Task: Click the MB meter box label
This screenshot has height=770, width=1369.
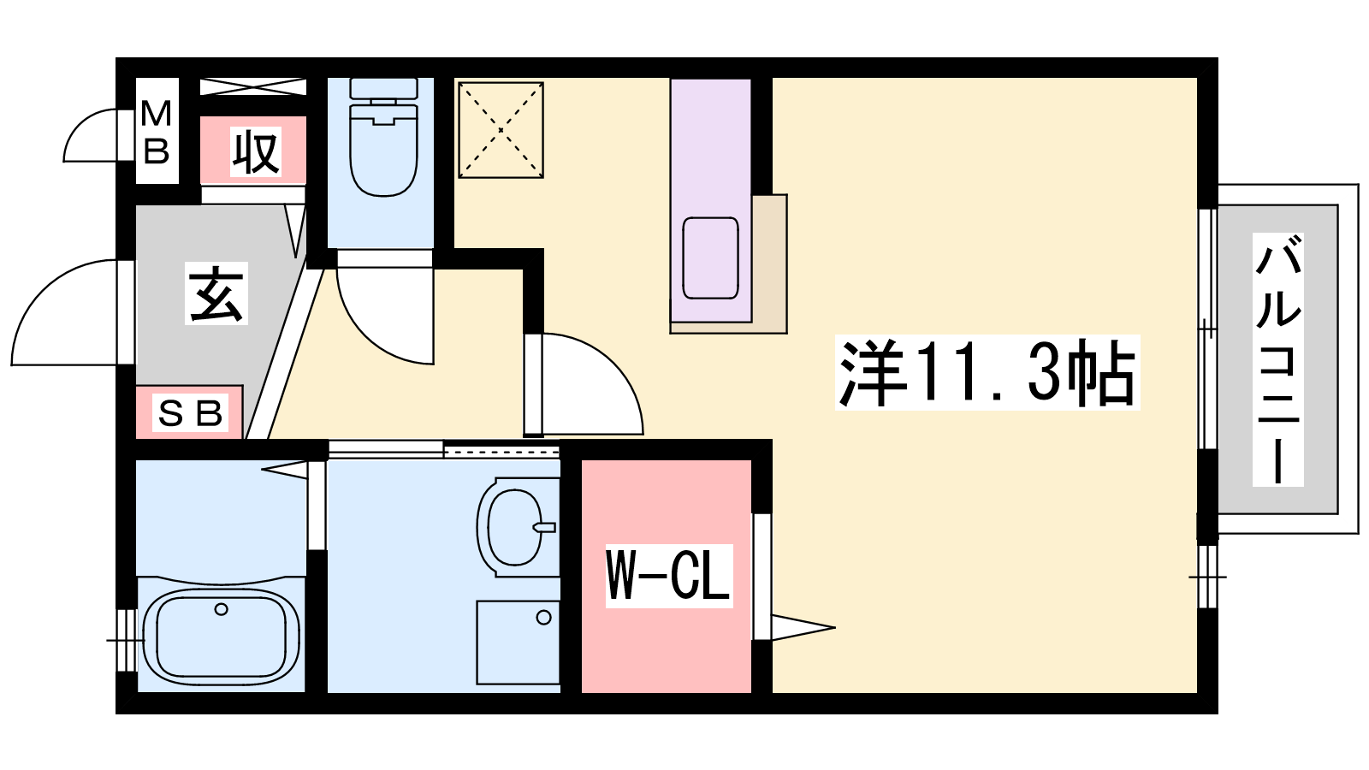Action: point(157,133)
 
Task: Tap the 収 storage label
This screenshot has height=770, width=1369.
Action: point(256,151)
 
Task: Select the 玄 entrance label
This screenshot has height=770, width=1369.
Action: point(216,294)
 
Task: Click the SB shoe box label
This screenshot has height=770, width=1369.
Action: point(190,413)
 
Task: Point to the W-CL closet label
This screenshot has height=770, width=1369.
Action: point(668,576)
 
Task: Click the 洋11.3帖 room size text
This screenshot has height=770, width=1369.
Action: point(987,372)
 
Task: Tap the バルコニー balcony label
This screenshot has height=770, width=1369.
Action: point(1277,360)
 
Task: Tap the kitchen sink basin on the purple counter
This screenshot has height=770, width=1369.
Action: point(710,258)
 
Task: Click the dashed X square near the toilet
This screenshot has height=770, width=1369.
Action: point(501,130)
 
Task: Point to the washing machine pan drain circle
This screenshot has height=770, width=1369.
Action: point(543,618)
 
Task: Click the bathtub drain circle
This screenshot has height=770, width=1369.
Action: point(222,609)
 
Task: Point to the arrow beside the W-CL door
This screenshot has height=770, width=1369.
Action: point(803,627)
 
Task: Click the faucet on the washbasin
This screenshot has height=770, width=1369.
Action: point(543,527)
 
